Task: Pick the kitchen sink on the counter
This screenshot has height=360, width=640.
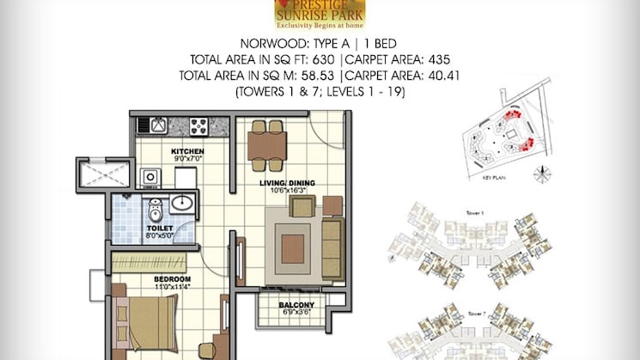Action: click(159, 125)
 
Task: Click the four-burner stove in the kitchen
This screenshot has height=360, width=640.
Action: click(200, 125)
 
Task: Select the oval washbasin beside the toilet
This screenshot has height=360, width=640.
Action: click(182, 204)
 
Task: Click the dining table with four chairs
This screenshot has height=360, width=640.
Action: click(266, 140)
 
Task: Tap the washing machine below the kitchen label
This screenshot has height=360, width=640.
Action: click(150, 177)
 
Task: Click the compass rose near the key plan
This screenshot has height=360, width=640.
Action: click(541, 173)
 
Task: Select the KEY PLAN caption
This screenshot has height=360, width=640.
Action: click(485, 178)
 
